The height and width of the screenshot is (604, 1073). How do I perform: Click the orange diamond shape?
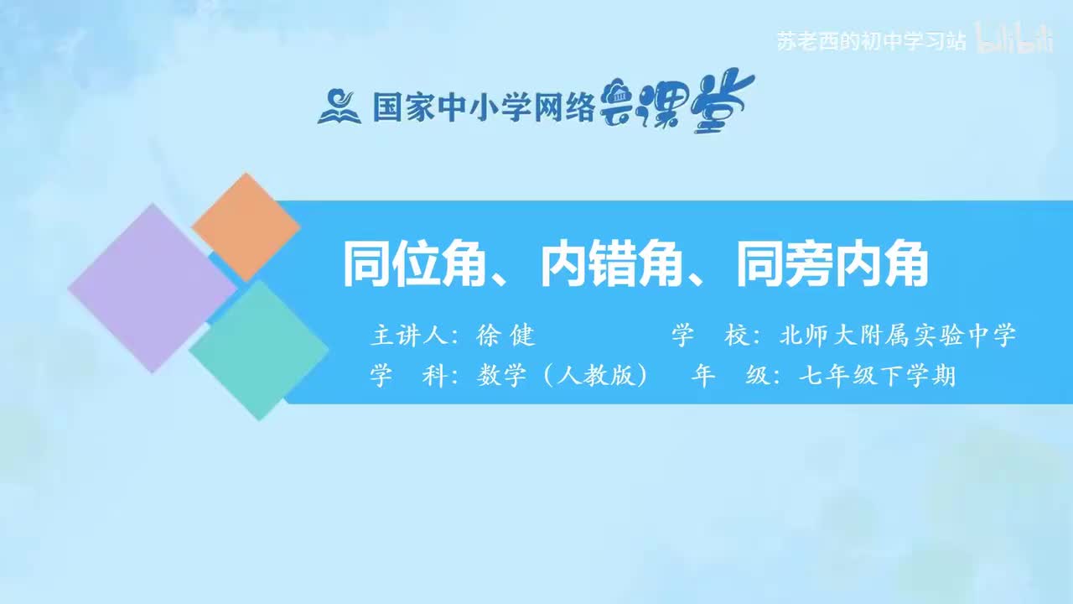tap(246, 226)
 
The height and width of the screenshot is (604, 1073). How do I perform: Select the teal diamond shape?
tap(259, 350)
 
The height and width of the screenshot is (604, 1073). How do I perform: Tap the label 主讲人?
tap(407, 336)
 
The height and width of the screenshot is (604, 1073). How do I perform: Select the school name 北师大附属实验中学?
tap(897, 336)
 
